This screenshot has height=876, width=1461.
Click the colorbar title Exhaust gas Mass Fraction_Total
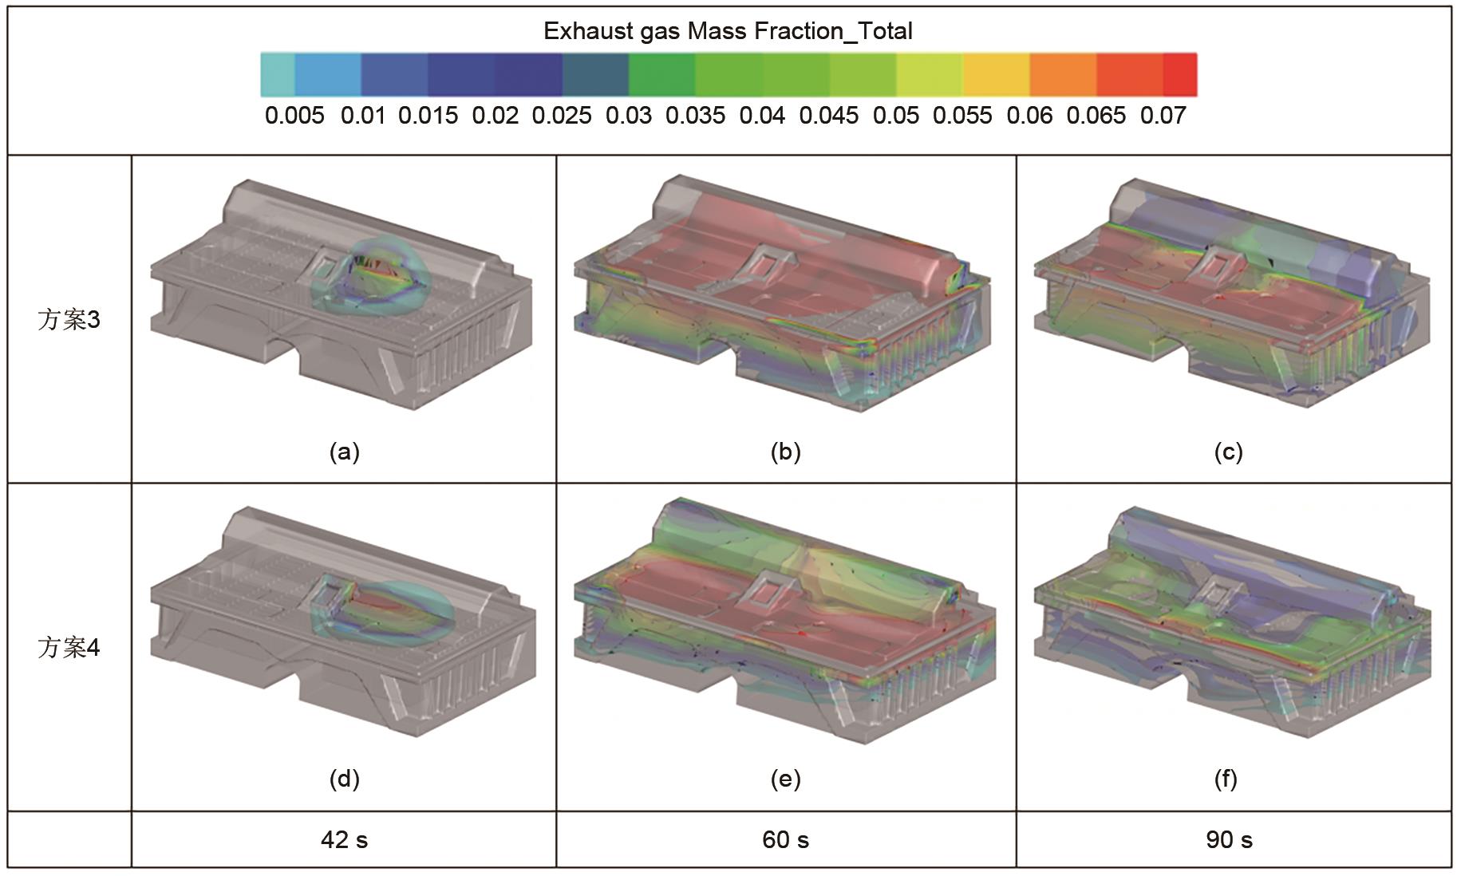(x=728, y=31)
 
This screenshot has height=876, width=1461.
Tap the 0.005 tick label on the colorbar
(x=294, y=116)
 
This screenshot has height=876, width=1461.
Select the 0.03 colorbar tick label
(x=629, y=116)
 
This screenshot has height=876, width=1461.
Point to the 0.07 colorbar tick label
(x=1163, y=116)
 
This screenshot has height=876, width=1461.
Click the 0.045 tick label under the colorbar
(x=829, y=116)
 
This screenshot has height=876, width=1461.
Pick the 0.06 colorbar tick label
(x=1029, y=116)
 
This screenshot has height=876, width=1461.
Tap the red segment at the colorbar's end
(x=1180, y=75)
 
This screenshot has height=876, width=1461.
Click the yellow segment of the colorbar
(x=997, y=75)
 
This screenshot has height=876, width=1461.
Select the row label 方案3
(x=69, y=320)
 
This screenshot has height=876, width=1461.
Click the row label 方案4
(x=69, y=647)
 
